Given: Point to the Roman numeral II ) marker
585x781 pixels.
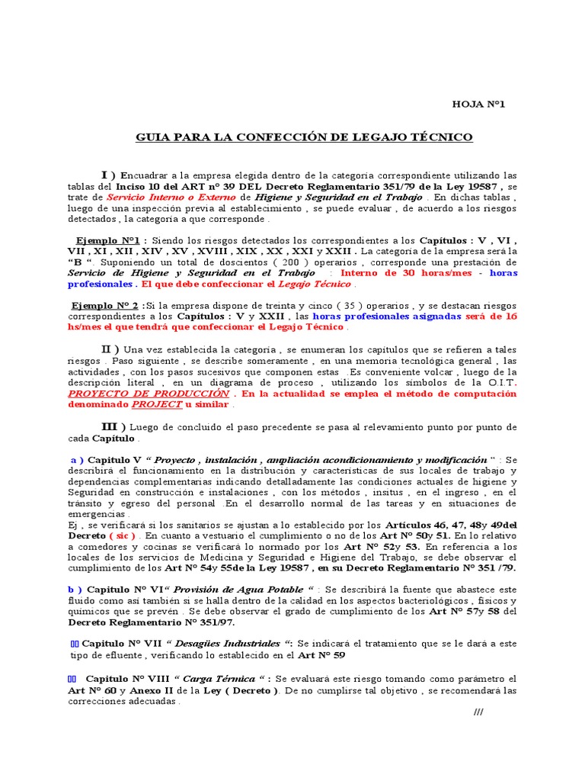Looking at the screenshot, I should tap(113, 349).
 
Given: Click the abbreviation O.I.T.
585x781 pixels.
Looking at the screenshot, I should tap(499, 382).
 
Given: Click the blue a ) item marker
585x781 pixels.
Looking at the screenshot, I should tap(77, 460).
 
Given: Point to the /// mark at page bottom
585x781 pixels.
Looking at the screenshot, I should tap(478, 712).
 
